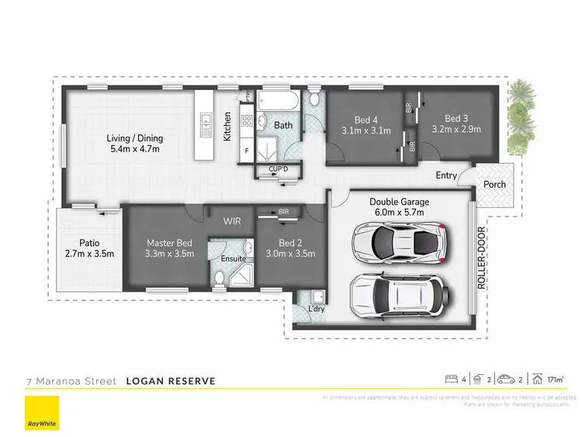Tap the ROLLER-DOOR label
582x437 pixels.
point(481,258)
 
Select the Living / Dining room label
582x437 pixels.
point(134,144)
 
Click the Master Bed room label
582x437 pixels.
point(170,248)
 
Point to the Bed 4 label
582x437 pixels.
point(365,125)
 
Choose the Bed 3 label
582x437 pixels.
point(456,124)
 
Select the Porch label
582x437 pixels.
point(494,184)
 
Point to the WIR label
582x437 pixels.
point(232,221)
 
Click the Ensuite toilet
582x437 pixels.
point(219,278)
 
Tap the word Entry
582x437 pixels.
point(445,175)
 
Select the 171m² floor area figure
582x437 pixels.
point(555,380)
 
